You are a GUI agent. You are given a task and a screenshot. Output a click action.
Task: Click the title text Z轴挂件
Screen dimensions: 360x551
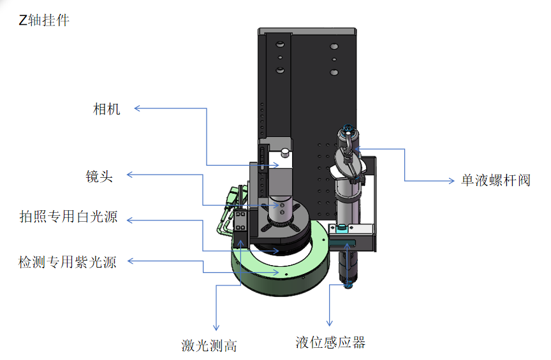pyautogui.click(x=44, y=20)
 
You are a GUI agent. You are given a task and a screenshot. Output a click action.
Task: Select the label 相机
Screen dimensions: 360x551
pyautogui.click(x=107, y=109)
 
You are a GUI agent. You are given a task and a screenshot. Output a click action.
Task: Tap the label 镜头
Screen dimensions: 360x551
pyautogui.click(x=99, y=176)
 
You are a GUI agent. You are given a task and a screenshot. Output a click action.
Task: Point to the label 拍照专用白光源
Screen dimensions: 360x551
pyautogui.click(x=68, y=217)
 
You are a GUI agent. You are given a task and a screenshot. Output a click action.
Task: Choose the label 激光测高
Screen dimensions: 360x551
pyautogui.click(x=209, y=346)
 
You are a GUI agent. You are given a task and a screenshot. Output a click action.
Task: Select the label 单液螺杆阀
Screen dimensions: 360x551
pyautogui.click(x=496, y=180)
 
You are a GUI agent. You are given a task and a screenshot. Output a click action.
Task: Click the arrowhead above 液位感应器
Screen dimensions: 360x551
pyautogui.click(x=330, y=324)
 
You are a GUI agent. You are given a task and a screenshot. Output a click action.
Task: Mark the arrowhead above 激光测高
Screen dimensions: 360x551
pyautogui.click(x=216, y=326)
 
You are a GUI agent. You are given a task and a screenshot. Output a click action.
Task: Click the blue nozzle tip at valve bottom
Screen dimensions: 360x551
pyautogui.click(x=349, y=285)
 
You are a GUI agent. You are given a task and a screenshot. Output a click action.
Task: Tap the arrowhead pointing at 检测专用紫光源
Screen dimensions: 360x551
pyautogui.click(x=130, y=261)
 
